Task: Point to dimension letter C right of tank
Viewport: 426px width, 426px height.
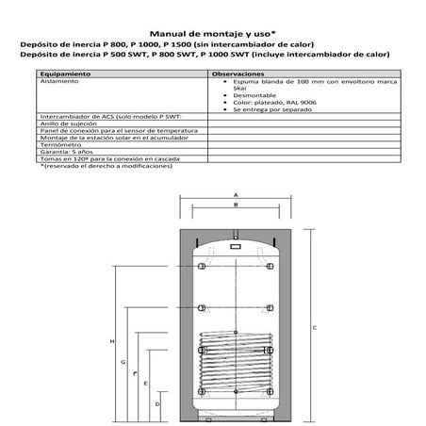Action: click(x=314, y=327)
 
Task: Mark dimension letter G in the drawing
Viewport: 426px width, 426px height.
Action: click(x=123, y=362)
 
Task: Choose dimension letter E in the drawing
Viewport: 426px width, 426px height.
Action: click(x=145, y=384)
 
